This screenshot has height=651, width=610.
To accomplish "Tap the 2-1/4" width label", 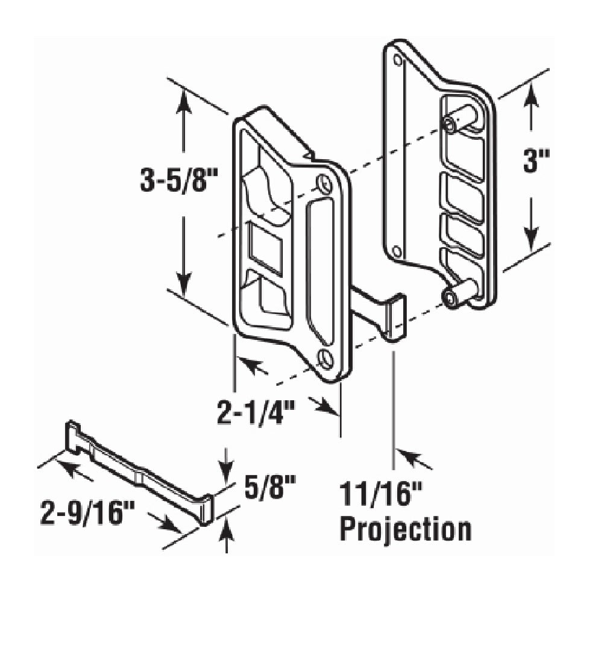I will (256, 415).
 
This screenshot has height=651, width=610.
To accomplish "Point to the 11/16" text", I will (381, 495).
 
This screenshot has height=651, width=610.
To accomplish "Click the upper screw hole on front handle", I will (324, 184).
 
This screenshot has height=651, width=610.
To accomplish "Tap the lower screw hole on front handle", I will (325, 359).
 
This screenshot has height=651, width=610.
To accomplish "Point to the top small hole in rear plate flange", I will (397, 60).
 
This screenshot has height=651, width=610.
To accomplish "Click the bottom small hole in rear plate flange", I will (396, 251).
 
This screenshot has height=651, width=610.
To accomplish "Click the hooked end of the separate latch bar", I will (206, 508).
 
